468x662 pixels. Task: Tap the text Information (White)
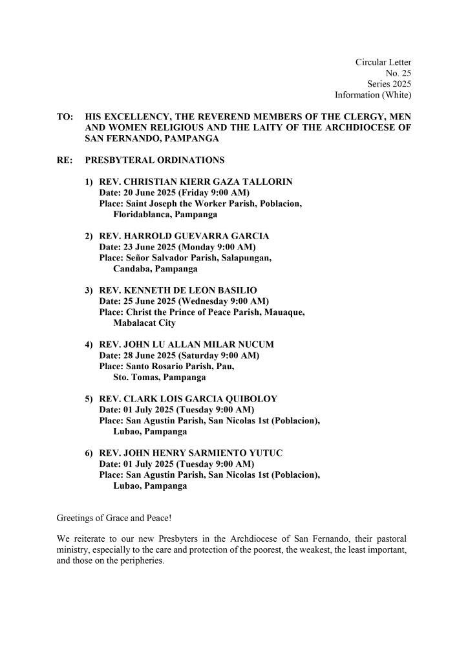click(x=373, y=95)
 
